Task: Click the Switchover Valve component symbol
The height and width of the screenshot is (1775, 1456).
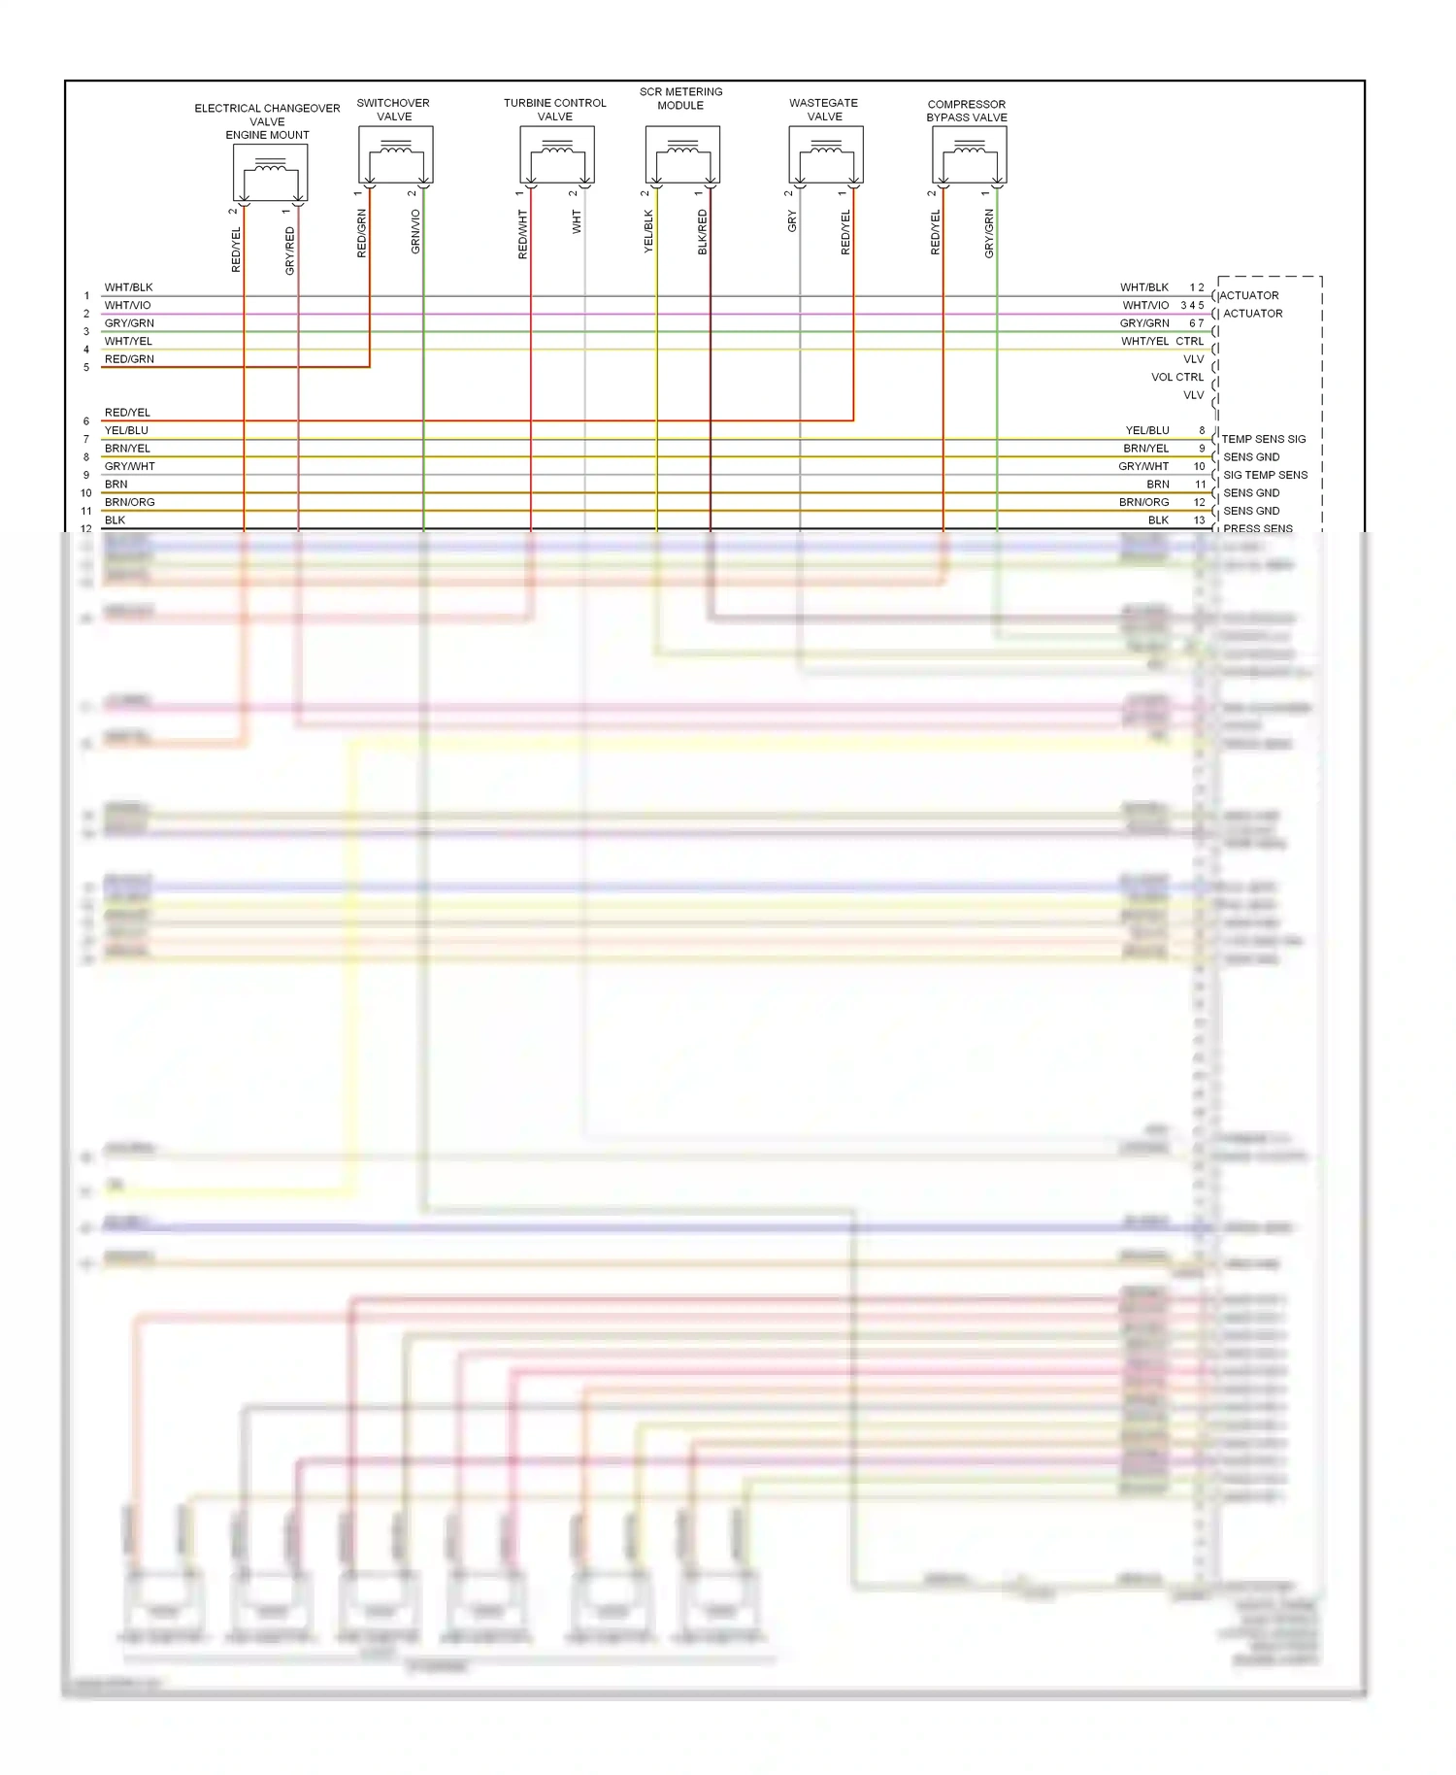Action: click(x=395, y=155)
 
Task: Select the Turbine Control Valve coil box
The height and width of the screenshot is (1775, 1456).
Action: click(x=556, y=155)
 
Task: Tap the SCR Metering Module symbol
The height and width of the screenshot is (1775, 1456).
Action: click(x=681, y=155)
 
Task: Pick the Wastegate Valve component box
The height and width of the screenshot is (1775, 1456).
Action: click(x=825, y=155)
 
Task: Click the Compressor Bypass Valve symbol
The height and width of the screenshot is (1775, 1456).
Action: click(x=969, y=155)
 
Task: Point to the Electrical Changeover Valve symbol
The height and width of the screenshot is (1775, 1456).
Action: click(x=270, y=174)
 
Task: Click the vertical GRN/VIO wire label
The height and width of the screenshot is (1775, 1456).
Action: click(x=415, y=232)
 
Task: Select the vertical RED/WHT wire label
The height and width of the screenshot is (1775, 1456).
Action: click(x=523, y=234)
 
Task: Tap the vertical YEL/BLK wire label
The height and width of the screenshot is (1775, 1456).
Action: click(x=648, y=232)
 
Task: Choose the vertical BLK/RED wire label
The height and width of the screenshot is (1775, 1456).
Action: click(x=703, y=232)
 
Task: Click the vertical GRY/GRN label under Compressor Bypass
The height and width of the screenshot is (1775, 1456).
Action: click(x=989, y=234)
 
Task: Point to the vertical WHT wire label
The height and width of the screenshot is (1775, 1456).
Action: click(x=577, y=221)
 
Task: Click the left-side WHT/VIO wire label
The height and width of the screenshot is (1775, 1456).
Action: click(x=127, y=305)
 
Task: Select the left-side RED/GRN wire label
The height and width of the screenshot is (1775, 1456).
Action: click(x=129, y=359)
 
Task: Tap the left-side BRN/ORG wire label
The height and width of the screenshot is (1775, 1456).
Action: click(x=129, y=502)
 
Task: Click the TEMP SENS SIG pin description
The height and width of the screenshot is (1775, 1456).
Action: click(x=1263, y=439)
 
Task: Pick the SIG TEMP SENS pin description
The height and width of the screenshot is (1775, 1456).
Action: click(x=1265, y=475)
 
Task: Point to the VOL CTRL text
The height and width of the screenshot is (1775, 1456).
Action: click(x=1176, y=377)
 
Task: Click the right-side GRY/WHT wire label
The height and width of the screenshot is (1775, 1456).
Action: click(x=1143, y=466)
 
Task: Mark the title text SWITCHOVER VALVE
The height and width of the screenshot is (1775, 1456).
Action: click(x=393, y=110)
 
